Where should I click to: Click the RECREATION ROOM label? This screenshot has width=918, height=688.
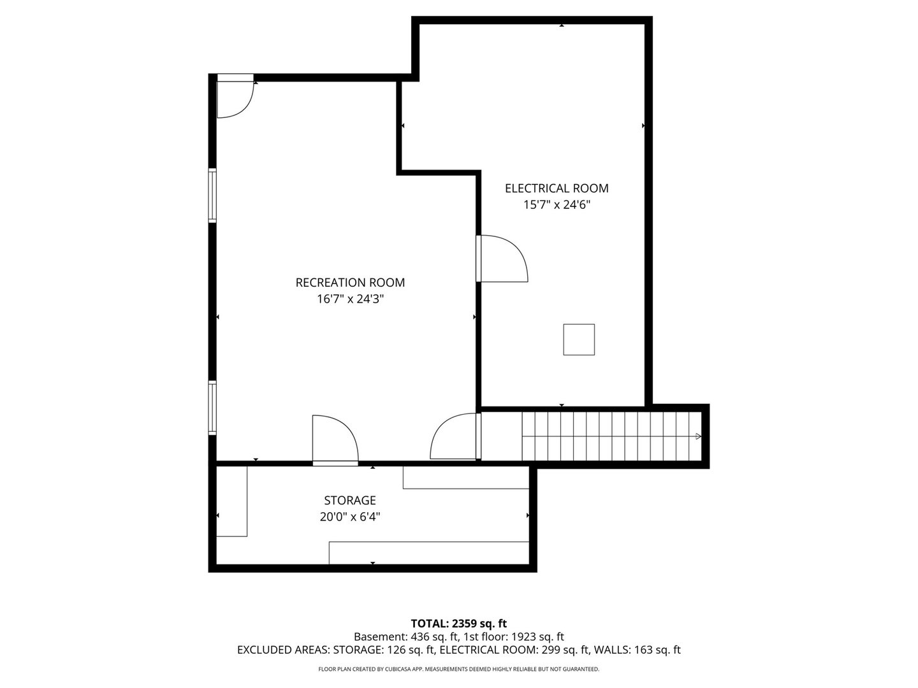pos(350,282)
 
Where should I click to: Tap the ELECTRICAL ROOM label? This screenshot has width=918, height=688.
pos(557,188)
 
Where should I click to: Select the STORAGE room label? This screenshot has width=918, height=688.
pos(349,500)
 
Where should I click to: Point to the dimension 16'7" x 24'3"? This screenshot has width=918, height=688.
pos(350,299)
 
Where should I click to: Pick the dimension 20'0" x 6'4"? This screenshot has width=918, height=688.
pos(349,517)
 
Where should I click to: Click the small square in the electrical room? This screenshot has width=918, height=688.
pos(579,340)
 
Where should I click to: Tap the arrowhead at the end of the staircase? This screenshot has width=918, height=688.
pos(698,436)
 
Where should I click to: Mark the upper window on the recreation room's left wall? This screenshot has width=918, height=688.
pos(213,195)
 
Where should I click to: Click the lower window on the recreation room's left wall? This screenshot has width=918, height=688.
pos(213,408)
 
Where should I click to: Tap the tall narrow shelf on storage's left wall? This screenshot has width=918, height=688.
pos(231,501)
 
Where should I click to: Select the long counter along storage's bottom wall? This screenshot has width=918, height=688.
pos(428,552)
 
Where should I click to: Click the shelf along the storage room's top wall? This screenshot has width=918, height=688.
pos(465,477)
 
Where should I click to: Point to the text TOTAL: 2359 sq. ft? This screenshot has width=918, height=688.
pos(458,623)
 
